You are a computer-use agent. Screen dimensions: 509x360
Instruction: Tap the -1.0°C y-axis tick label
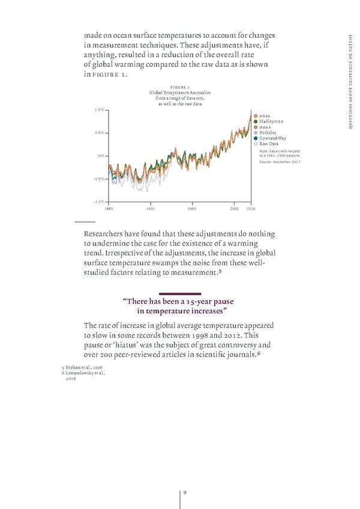click(x=99, y=202)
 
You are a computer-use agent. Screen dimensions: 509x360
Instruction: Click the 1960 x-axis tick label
click(x=192, y=209)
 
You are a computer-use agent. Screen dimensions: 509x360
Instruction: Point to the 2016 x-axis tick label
click(x=251, y=209)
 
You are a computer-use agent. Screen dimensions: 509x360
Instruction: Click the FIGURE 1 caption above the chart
click(x=180, y=86)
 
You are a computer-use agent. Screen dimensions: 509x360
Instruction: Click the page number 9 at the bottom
click(x=185, y=493)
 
